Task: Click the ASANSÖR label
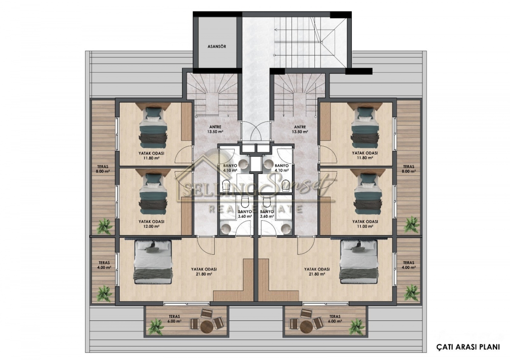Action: point(217,46)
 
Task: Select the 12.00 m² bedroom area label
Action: point(151,227)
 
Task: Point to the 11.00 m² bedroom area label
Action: point(365,227)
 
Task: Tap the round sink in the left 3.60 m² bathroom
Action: point(226,228)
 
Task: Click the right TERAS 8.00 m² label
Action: point(409,169)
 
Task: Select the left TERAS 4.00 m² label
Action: point(104,265)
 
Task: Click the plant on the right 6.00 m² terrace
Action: point(357,326)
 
